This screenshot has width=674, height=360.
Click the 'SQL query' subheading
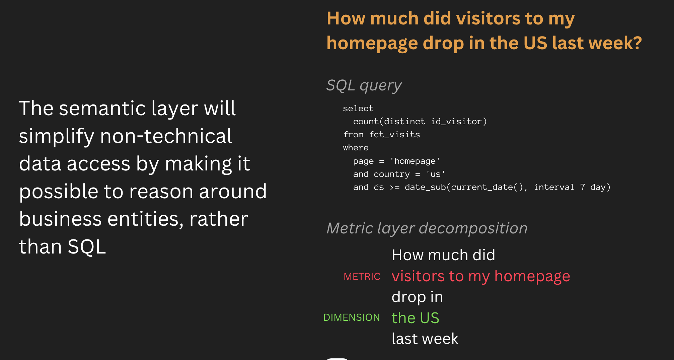[364, 86]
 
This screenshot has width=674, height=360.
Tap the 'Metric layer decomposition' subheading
[427, 228]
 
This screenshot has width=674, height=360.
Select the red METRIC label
[362, 277]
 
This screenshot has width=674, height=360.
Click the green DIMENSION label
[352, 317]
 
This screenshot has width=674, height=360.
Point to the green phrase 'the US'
[415, 318]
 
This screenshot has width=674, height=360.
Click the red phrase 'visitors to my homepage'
[481, 277]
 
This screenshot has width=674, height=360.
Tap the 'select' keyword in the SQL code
[358, 109]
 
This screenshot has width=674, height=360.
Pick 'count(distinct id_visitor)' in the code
[420, 122]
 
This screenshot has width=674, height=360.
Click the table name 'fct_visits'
[394, 135]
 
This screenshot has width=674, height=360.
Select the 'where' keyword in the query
[356, 148]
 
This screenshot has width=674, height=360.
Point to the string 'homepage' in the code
[415, 161]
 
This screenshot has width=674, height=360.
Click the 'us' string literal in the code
[435, 174]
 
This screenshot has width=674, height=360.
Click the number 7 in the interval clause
[583, 187]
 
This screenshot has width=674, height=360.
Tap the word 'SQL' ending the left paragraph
[87, 247]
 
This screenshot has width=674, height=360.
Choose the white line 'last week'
[425, 339]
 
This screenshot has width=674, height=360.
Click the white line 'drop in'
[417, 297]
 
